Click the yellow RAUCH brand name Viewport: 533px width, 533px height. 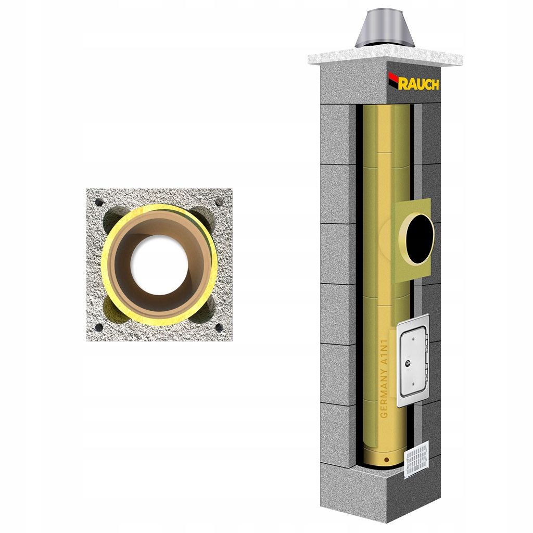(420, 84)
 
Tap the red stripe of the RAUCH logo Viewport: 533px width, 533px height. (394, 79)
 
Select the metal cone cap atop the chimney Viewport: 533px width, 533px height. (385, 29)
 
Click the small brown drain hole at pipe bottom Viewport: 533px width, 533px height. (386, 460)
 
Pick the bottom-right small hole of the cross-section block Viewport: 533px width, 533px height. (219, 327)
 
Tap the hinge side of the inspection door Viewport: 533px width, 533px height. (426, 359)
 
